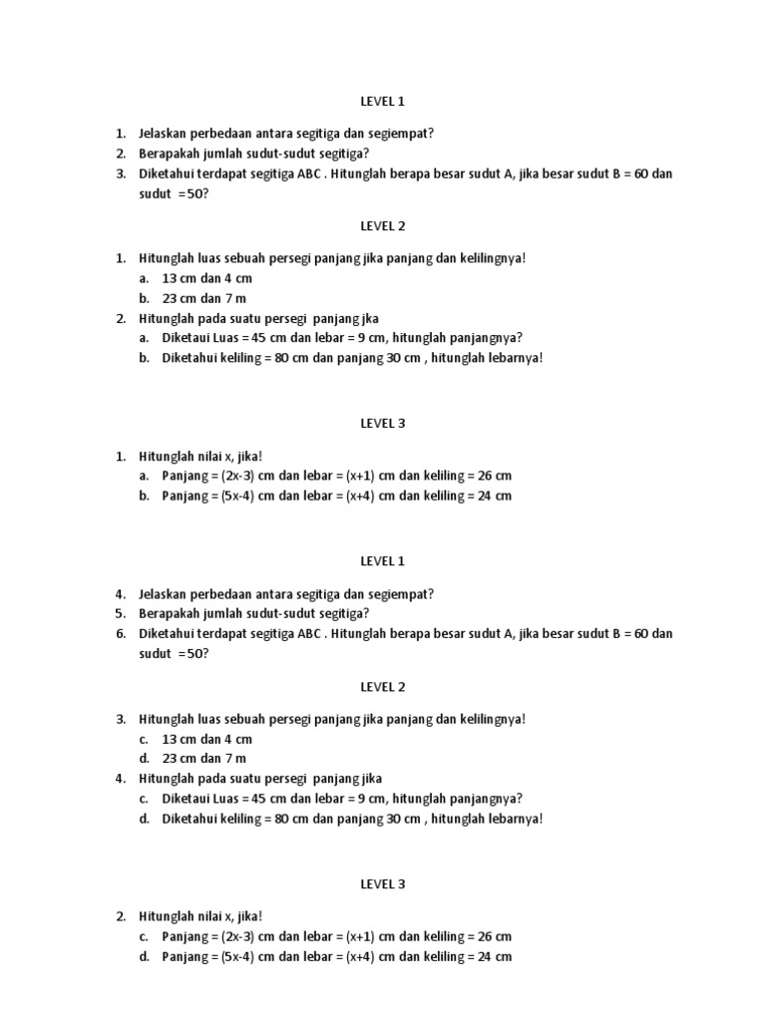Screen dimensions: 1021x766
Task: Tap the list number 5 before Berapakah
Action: (x=120, y=613)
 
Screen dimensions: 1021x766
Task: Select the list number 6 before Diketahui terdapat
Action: (x=120, y=633)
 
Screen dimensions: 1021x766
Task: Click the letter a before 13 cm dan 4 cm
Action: (x=144, y=278)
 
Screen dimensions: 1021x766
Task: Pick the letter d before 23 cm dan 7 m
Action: (x=144, y=758)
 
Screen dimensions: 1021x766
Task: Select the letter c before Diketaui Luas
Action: (x=144, y=799)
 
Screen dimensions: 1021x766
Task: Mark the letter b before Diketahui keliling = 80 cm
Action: (x=144, y=358)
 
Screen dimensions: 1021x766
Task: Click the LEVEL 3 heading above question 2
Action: (x=383, y=883)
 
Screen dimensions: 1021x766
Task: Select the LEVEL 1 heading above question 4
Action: (x=383, y=561)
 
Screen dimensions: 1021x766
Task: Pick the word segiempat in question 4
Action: (x=401, y=594)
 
